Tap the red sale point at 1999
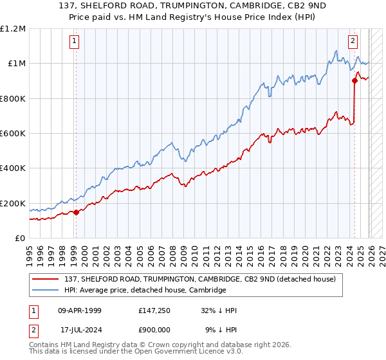tap(76, 212)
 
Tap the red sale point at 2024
tap(354, 81)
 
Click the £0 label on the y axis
tap(19, 238)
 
